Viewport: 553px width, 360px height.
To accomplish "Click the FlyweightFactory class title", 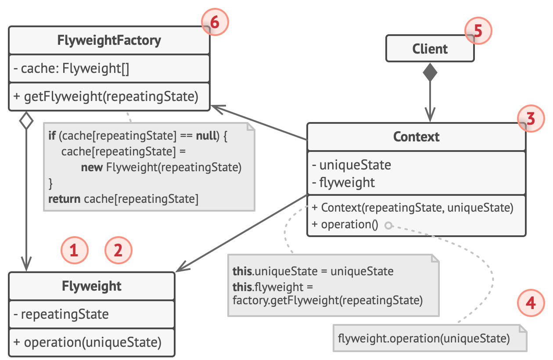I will click(109, 40).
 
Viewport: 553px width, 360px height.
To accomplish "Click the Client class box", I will click(430, 49).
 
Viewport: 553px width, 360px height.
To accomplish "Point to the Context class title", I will click(416, 137).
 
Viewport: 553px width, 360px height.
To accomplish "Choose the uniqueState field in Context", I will click(351, 165).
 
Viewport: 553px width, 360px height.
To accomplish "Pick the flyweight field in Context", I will click(344, 182).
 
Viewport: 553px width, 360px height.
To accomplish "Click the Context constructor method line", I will click(413, 207).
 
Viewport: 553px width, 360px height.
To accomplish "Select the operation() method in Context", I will click(345, 224).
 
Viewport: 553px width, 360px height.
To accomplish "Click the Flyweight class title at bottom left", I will click(91, 286).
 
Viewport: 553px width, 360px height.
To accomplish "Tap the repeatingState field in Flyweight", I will click(61, 314).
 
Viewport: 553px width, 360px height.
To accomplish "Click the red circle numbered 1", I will click(75, 251).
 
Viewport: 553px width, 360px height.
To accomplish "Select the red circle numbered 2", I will click(118, 251).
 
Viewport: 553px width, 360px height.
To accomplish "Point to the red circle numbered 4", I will click(531, 303).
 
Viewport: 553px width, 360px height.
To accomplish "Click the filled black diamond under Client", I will click(430, 73).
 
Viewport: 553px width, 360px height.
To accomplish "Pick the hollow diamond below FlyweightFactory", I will click(27, 121).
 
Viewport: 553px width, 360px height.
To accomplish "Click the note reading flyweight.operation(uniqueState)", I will click(424, 338).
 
